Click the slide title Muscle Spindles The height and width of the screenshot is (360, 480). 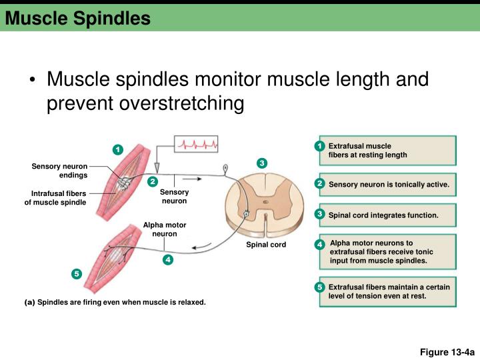pyautogui.click(x=78, y=19)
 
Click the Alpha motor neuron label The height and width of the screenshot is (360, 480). pyautogui.click(x=165, y=229)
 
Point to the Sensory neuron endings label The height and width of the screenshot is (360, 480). pyautogui.click(x=59, y=171)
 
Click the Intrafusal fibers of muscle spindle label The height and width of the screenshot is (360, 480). pyautogui.click(x=55, y=198)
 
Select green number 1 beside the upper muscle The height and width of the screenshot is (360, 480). pyautogui.click(x=117, y=149)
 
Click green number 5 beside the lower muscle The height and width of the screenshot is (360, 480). pyautogui.click(x=77, y=274)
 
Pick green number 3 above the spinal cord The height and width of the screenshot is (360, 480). pyautogui.click(x=262, y=163)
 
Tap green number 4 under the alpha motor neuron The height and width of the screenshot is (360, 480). pyautogui.click(x=168, y=259)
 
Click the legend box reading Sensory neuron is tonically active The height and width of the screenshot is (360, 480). pyautogui.click(x=389, y=184)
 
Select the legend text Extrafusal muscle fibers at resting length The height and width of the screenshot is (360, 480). pyautogui.click(x=367, y=150)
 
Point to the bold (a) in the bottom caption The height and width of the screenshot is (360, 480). pyautogui.click(x=29, y=303)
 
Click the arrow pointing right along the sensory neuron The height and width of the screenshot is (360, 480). pyautogui.click(x=192, y=179)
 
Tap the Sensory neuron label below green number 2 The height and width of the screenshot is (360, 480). pyautogui.click(x=174, y=196)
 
